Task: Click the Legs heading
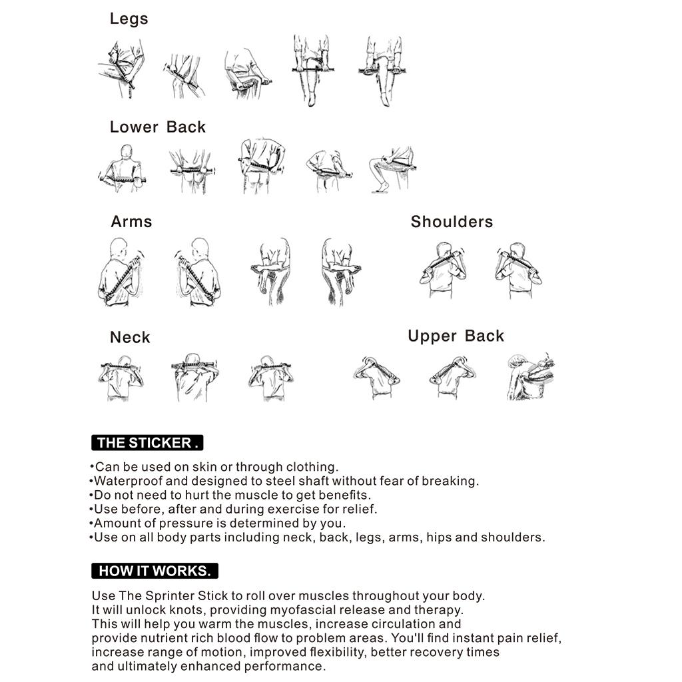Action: pos(129,19)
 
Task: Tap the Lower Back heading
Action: pos(158,127)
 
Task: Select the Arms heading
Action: pos(131,222)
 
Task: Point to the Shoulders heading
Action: pos(452,222)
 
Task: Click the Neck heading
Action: pos(130,338)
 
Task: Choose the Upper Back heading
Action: pos(456,336)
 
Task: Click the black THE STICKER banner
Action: pos(147,443)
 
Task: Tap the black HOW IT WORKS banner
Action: pos(155,571)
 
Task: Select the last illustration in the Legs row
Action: pos(383,70)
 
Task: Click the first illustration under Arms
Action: pos(120,272)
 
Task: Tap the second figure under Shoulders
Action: pos(518,270)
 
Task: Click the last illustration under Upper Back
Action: pos(531,377)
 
